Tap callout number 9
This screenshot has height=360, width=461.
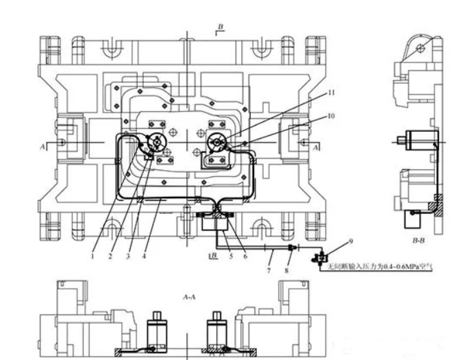click(x=350, y=241)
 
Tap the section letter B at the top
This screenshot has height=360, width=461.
click(x=220, y=27)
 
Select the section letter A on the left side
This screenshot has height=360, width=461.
click(x=42, y=147)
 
